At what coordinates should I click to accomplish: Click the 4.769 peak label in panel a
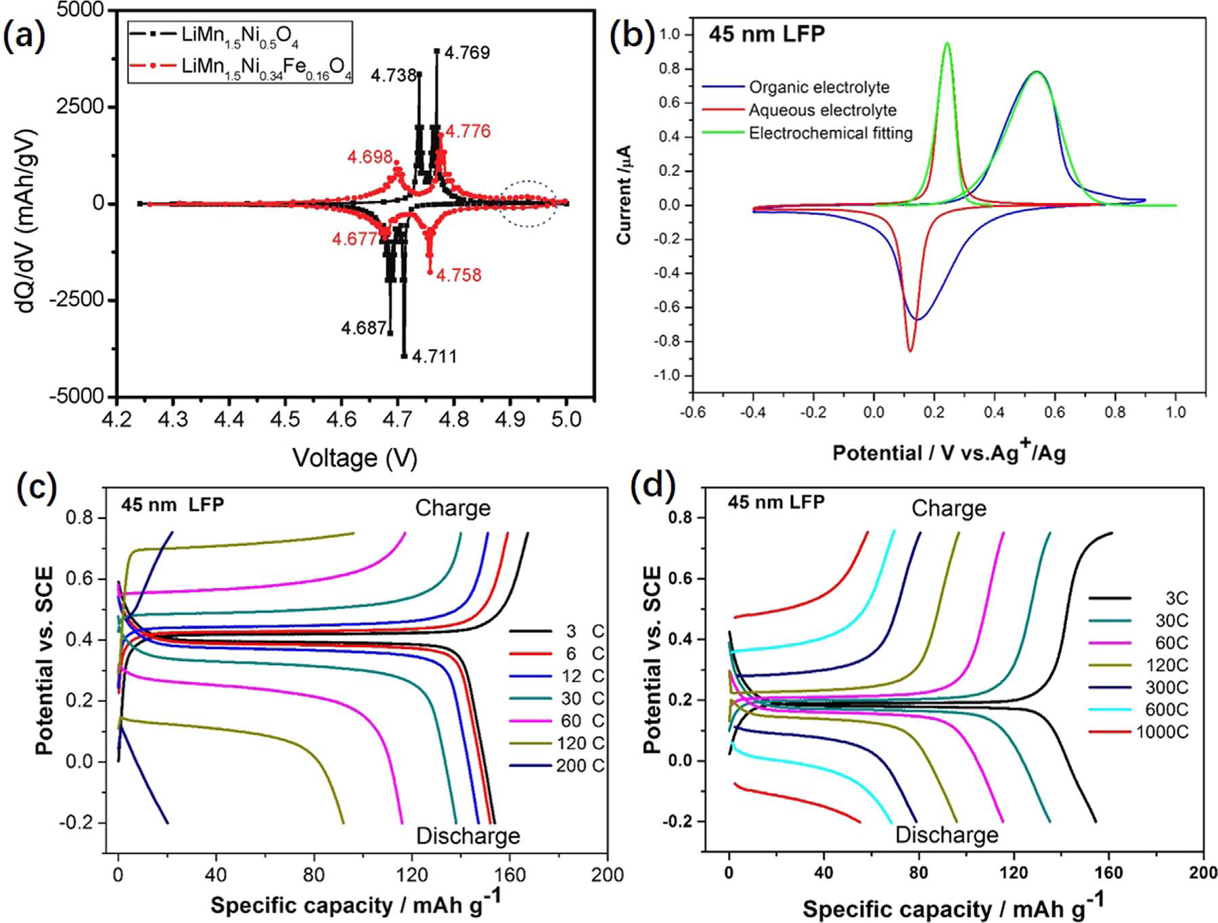pos(468,53)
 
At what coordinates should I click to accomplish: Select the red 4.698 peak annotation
pos(369,157)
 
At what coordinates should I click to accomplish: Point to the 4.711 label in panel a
pos(434,356)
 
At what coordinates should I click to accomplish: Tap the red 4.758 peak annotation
pos(459,275)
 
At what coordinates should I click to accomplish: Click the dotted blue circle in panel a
pos(528,203)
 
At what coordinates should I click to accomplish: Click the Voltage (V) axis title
pos(355,458)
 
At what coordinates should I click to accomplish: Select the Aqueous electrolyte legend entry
pos(822,110)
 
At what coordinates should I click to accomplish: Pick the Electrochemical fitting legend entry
pos(830,133)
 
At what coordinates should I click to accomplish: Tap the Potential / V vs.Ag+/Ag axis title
pos(949,452)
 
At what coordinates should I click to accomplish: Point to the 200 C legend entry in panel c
pos(580,766)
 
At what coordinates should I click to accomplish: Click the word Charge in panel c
pos(453,508)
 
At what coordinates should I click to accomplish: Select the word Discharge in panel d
pos(947,834)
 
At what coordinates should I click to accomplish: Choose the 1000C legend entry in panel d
pos(1162,732)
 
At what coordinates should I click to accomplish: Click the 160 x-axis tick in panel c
pos(510,875)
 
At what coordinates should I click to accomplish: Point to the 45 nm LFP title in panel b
pos(767,34)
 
